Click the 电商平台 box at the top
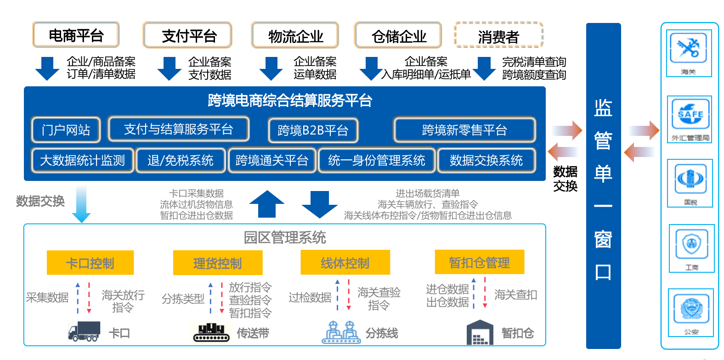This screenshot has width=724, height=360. (76, 35)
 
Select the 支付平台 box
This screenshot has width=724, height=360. (187, 35)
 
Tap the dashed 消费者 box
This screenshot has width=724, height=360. (498, 35)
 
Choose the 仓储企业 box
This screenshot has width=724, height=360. (398, 35)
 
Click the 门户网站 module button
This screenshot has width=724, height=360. (66, 130)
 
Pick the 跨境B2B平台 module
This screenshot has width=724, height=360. (313, 130)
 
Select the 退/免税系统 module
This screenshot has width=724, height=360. (180, 160)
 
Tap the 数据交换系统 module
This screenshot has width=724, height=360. (486, 160)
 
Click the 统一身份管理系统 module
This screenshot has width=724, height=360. (376, 160)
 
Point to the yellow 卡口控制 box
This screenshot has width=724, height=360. (90, 263)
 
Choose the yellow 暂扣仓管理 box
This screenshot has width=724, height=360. (479, 262)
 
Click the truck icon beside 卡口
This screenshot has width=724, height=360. (84, 331)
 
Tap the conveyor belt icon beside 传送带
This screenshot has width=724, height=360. (211, 333)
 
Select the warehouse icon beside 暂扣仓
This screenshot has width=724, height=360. (480, 332)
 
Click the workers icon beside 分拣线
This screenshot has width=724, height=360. (340, 332)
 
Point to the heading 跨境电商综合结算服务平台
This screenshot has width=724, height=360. (289, 101)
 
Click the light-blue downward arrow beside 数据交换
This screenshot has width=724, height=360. (81, 204)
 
